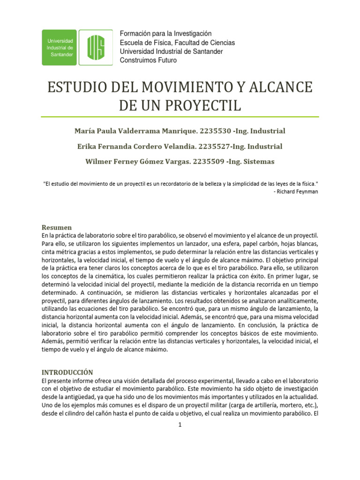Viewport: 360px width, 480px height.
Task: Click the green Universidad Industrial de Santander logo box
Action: click(60, 47)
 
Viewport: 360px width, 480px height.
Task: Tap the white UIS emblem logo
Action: click(96, 47)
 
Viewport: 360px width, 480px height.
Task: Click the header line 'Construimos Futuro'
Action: click(149, 60)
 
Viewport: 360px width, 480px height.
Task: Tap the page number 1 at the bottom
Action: click(180, 425)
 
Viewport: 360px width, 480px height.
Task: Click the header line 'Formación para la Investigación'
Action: click(166, 34)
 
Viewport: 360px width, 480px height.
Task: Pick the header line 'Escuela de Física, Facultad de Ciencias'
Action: click(178, 43)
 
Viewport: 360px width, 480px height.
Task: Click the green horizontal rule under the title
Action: click(180, 117)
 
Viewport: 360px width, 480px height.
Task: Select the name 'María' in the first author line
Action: click(86, 131)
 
